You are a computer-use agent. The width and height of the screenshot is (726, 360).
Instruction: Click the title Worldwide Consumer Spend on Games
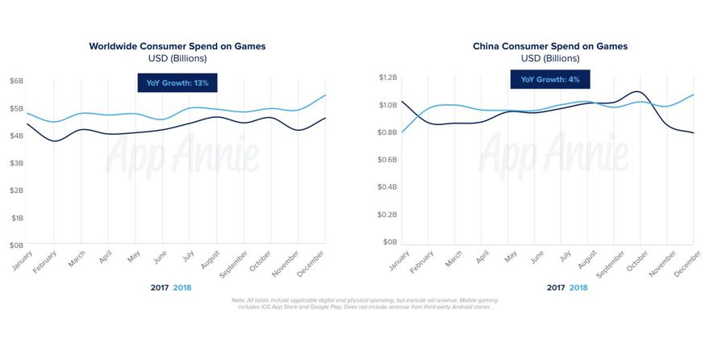coord(177,46)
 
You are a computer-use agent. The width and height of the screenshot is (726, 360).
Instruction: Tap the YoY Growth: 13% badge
coord(177,83)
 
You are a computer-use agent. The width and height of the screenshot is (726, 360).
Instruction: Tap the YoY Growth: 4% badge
coord(549,79)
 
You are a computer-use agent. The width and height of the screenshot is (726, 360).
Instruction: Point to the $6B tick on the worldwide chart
coord(16,81)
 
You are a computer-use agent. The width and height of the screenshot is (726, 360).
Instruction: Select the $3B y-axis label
coord(16,163)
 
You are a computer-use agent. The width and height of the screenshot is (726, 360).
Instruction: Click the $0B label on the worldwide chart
coord(16,245)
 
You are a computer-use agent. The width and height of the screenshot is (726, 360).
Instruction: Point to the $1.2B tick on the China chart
coord(388,77)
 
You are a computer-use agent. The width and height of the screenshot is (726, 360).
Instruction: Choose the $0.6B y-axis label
coord(388,160)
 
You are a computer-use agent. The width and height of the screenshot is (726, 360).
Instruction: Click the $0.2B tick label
coord(388,215)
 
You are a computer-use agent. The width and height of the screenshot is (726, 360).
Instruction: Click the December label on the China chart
coord(687,262)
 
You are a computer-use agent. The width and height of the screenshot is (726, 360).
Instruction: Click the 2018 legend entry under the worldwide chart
coord(182,288)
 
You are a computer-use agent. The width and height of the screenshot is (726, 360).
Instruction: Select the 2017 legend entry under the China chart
coord(555,288)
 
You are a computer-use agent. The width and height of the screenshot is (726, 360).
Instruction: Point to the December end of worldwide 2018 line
coord(324,95)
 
